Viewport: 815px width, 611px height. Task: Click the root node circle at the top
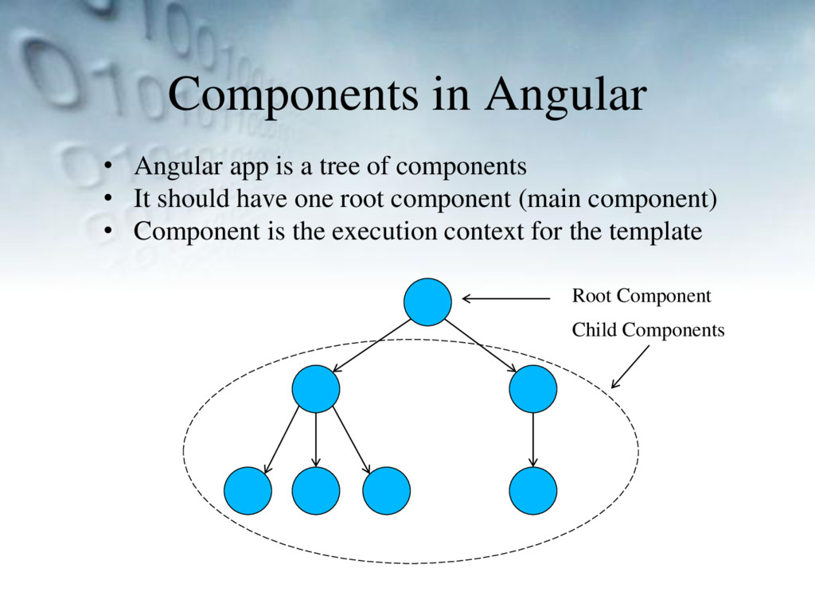tap(427, 302)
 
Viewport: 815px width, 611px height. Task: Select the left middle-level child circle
tap(316, 388)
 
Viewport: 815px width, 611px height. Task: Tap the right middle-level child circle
tap(532, 388)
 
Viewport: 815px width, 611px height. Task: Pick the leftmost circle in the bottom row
tap(248, 490)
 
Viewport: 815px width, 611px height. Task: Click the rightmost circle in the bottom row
tap(532, 490)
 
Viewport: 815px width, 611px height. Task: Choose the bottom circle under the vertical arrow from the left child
tap(316, 490)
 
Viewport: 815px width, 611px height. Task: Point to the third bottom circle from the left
tap(386, 490)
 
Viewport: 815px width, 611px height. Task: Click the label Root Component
tap(641, 297)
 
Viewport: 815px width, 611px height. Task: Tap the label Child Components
tap(648, 329)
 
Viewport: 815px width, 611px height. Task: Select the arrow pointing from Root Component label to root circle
tap(506, 299)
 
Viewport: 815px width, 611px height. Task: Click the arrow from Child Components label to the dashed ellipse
tap(630, 366)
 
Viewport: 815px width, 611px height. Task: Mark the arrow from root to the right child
tap(480, 345)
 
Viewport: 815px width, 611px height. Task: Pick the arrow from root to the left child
tap(372, 346)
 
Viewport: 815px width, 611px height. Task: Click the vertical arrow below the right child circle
tap(532, 439)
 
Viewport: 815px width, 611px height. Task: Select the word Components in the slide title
tap(291, 95)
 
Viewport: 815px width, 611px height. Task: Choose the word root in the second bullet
tap(357, 199)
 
